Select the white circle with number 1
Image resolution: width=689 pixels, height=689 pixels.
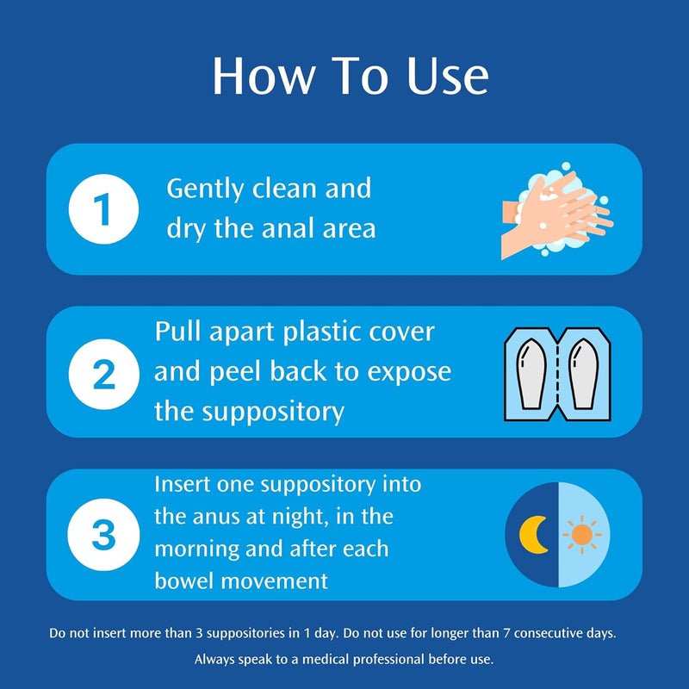pyautogui.click(x=103, y=209)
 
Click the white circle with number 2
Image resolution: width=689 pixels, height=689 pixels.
pyautogui.click(x=103, y=372)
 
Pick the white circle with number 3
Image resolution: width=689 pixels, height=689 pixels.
pyautogui.click(x=103, y=534)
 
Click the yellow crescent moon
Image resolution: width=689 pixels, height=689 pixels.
pyautogui.click(x=533, y=534)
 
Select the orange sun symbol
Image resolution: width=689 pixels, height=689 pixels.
pyautogui.click(x=582, y=534)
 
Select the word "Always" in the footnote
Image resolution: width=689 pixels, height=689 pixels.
pyautogui.click(x=214, y=661)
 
